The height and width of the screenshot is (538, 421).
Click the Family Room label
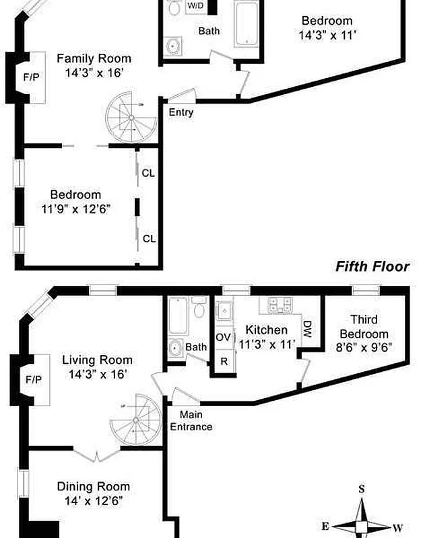pyautogui.click(x=94, y=59)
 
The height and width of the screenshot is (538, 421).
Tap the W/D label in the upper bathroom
pyautogui.click(x=196, y=6)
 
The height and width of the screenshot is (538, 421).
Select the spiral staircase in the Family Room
pyautogui.click(x=129, y=116)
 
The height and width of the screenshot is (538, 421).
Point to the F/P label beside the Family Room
pyautogui.click(x=31, y=77)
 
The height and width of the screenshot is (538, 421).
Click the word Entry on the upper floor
pyautogui.click(x=181, y=112)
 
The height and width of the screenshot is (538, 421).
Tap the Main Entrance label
pyautogui.click(x=191, y=421)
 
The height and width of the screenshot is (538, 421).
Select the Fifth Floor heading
pyautogui.click(x=373, y=267)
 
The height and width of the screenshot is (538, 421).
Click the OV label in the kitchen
pyautogui.click(x=223, y=336)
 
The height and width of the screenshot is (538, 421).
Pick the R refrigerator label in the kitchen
pyautogui.click(x=224, y=361)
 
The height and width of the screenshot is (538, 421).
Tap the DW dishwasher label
pyautogui.click(x=306, y=329)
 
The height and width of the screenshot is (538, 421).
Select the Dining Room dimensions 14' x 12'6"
pyautogui.click(x=93, y=500)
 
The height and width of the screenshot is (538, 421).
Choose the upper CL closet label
pyautogui.click(x=148, y=174)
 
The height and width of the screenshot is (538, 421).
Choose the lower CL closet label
pyautogui.click(x=148, y=238)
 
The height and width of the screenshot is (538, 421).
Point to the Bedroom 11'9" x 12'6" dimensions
pyautogui.click(x=75, y=209)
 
